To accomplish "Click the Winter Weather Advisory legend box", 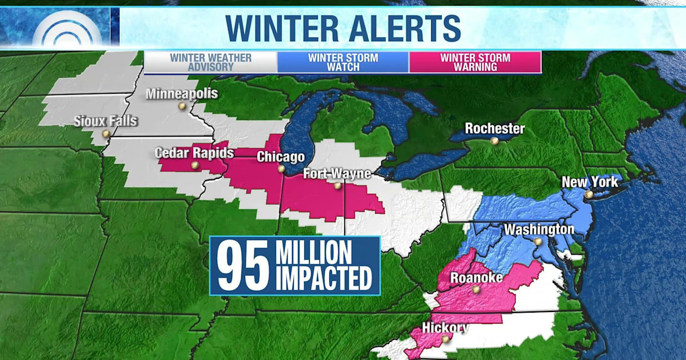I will pos(210,62).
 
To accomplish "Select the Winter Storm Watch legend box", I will pos(343,62).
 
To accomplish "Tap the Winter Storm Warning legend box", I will pos(475,62).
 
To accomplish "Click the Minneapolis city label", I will pos(182,94).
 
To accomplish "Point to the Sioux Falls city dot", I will pos(106,134).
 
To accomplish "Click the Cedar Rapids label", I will pos(194,153).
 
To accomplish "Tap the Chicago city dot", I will pos(281,169).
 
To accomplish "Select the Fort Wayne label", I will pos(337,174).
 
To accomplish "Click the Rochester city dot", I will pos(494,141).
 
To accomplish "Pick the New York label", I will pos(590,182).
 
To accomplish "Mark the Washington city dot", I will pos(538,242).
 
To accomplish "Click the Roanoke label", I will pos(477,278).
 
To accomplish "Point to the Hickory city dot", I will pos(445,339).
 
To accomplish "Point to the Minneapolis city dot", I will pos(182,106).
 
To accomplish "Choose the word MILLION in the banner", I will pos(314,251).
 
